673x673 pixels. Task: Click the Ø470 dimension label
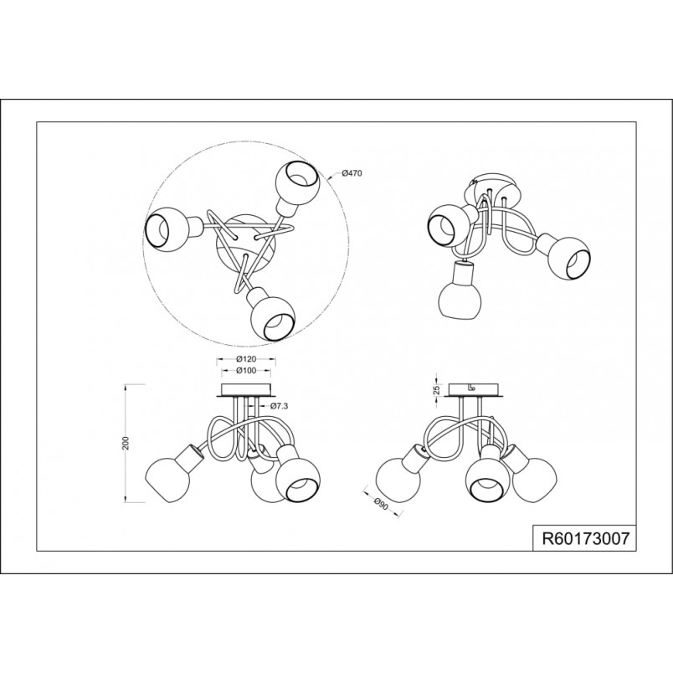coord(352,173)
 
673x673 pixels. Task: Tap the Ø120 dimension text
coord(246,359)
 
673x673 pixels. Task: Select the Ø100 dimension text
coord(246,370)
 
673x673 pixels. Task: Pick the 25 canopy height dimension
coord(437,390)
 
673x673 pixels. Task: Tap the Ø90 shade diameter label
coord(381,503)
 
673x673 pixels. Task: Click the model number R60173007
coord(585,538)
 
